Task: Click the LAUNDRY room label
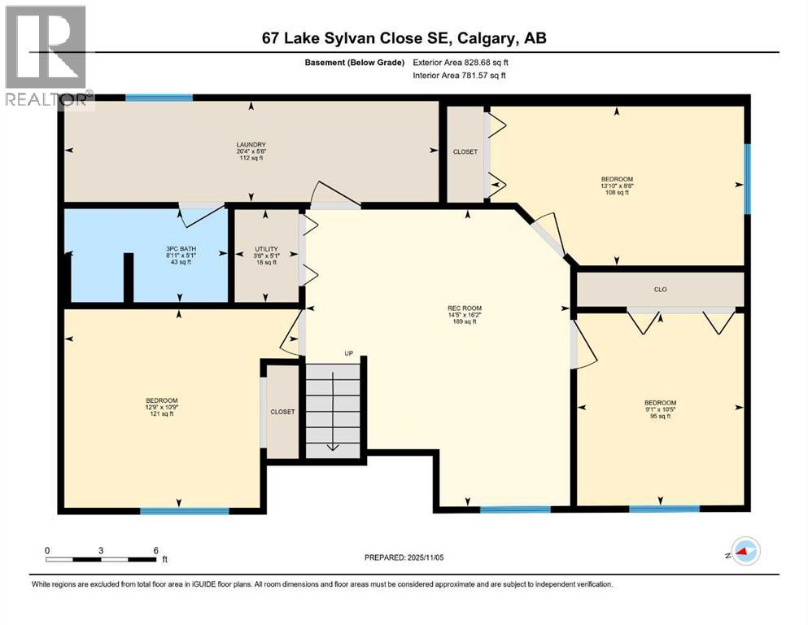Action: coord(251,145)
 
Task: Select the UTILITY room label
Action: coord(266,248)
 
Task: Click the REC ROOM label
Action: coord(461,308)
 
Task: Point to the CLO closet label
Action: coord(660,288)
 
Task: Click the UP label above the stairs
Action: coord(347,354)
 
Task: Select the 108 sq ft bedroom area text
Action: coord(616,192)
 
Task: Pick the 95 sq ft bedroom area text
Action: coord(659,416)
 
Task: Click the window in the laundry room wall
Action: coord(159,98)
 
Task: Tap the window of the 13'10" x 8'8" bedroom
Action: coord(747,179)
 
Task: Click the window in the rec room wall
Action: coord(514,509)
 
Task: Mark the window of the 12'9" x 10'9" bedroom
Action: coord(184,511)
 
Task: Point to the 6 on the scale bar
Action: coord(155,550)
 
